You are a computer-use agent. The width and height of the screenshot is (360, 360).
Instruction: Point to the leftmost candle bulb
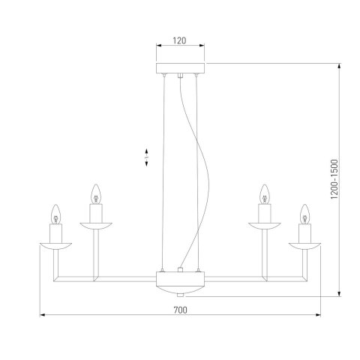point(54,215)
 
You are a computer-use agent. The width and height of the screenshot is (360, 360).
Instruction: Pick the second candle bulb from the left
point(95,195)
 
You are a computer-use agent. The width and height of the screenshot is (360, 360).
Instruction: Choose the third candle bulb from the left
point(263,195)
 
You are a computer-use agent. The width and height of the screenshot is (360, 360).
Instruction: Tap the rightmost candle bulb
point(305,215)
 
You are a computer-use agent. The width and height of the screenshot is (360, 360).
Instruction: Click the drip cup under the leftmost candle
point(54,244)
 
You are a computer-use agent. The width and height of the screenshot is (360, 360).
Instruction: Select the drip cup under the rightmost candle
point(305,244)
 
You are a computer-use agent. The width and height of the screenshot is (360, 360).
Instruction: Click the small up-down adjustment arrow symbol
point(147,157)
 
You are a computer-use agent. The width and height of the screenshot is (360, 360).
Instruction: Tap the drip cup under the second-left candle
point(95,224)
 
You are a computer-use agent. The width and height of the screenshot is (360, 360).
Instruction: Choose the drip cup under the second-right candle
point(263,224)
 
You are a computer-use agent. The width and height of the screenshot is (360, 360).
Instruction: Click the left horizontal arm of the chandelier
point(105,278)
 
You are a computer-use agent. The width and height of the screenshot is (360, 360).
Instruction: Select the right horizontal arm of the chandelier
point(255,278)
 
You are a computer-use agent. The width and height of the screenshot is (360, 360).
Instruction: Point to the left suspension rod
point(163,172)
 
